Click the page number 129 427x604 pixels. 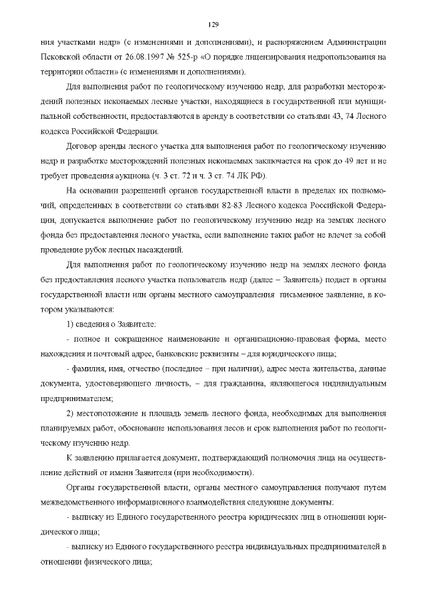[213, 25]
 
